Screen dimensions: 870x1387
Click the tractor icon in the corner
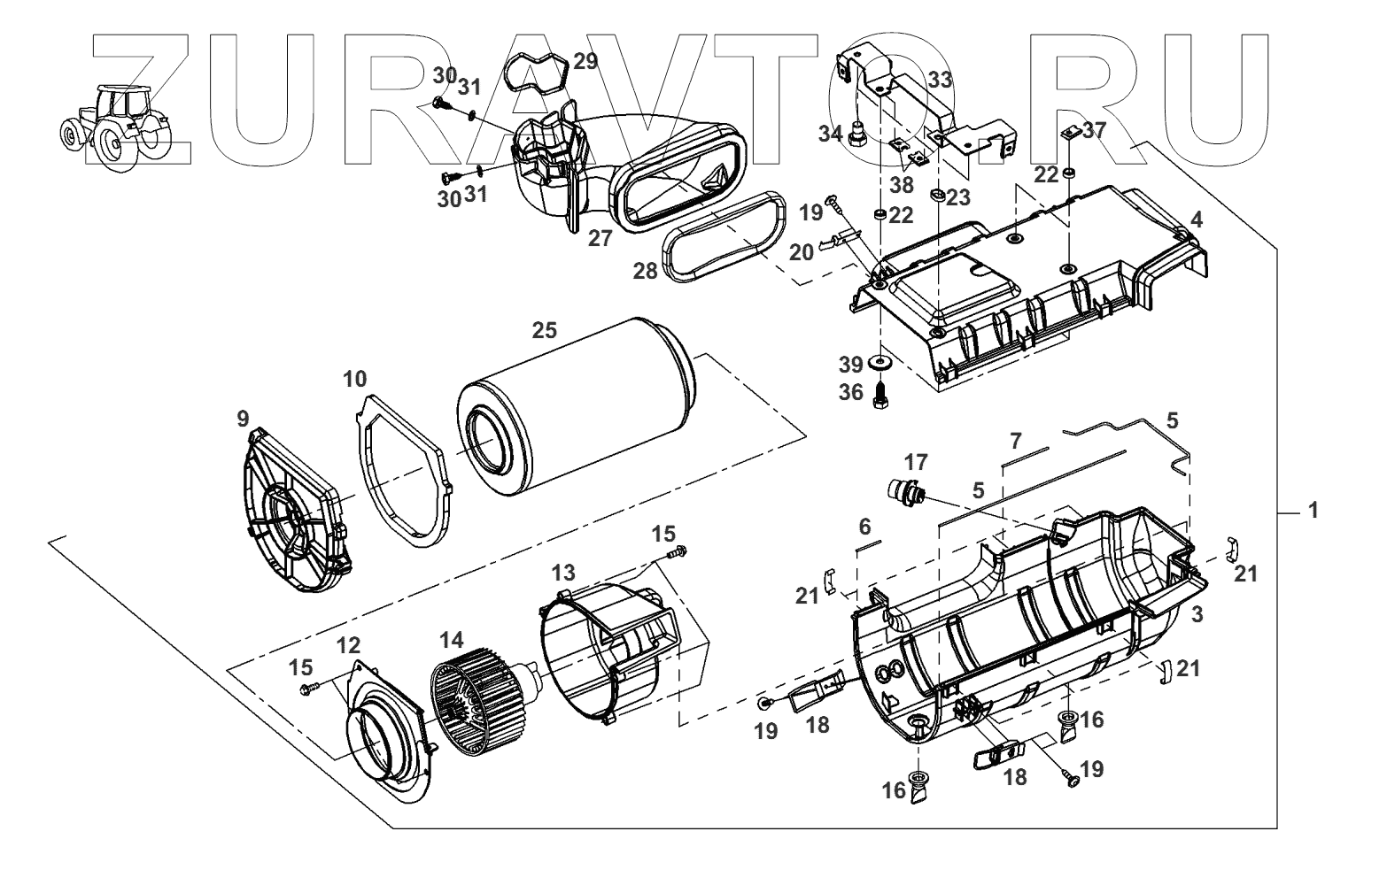point(113,127)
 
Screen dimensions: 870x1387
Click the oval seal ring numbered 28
point(723,240)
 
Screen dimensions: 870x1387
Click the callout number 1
point(1313,511)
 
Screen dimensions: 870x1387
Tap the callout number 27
point(601,238)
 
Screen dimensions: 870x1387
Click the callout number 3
point(1196,612)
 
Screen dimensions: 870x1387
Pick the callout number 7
point(1015,440)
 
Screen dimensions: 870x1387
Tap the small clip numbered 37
point(1070,133)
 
